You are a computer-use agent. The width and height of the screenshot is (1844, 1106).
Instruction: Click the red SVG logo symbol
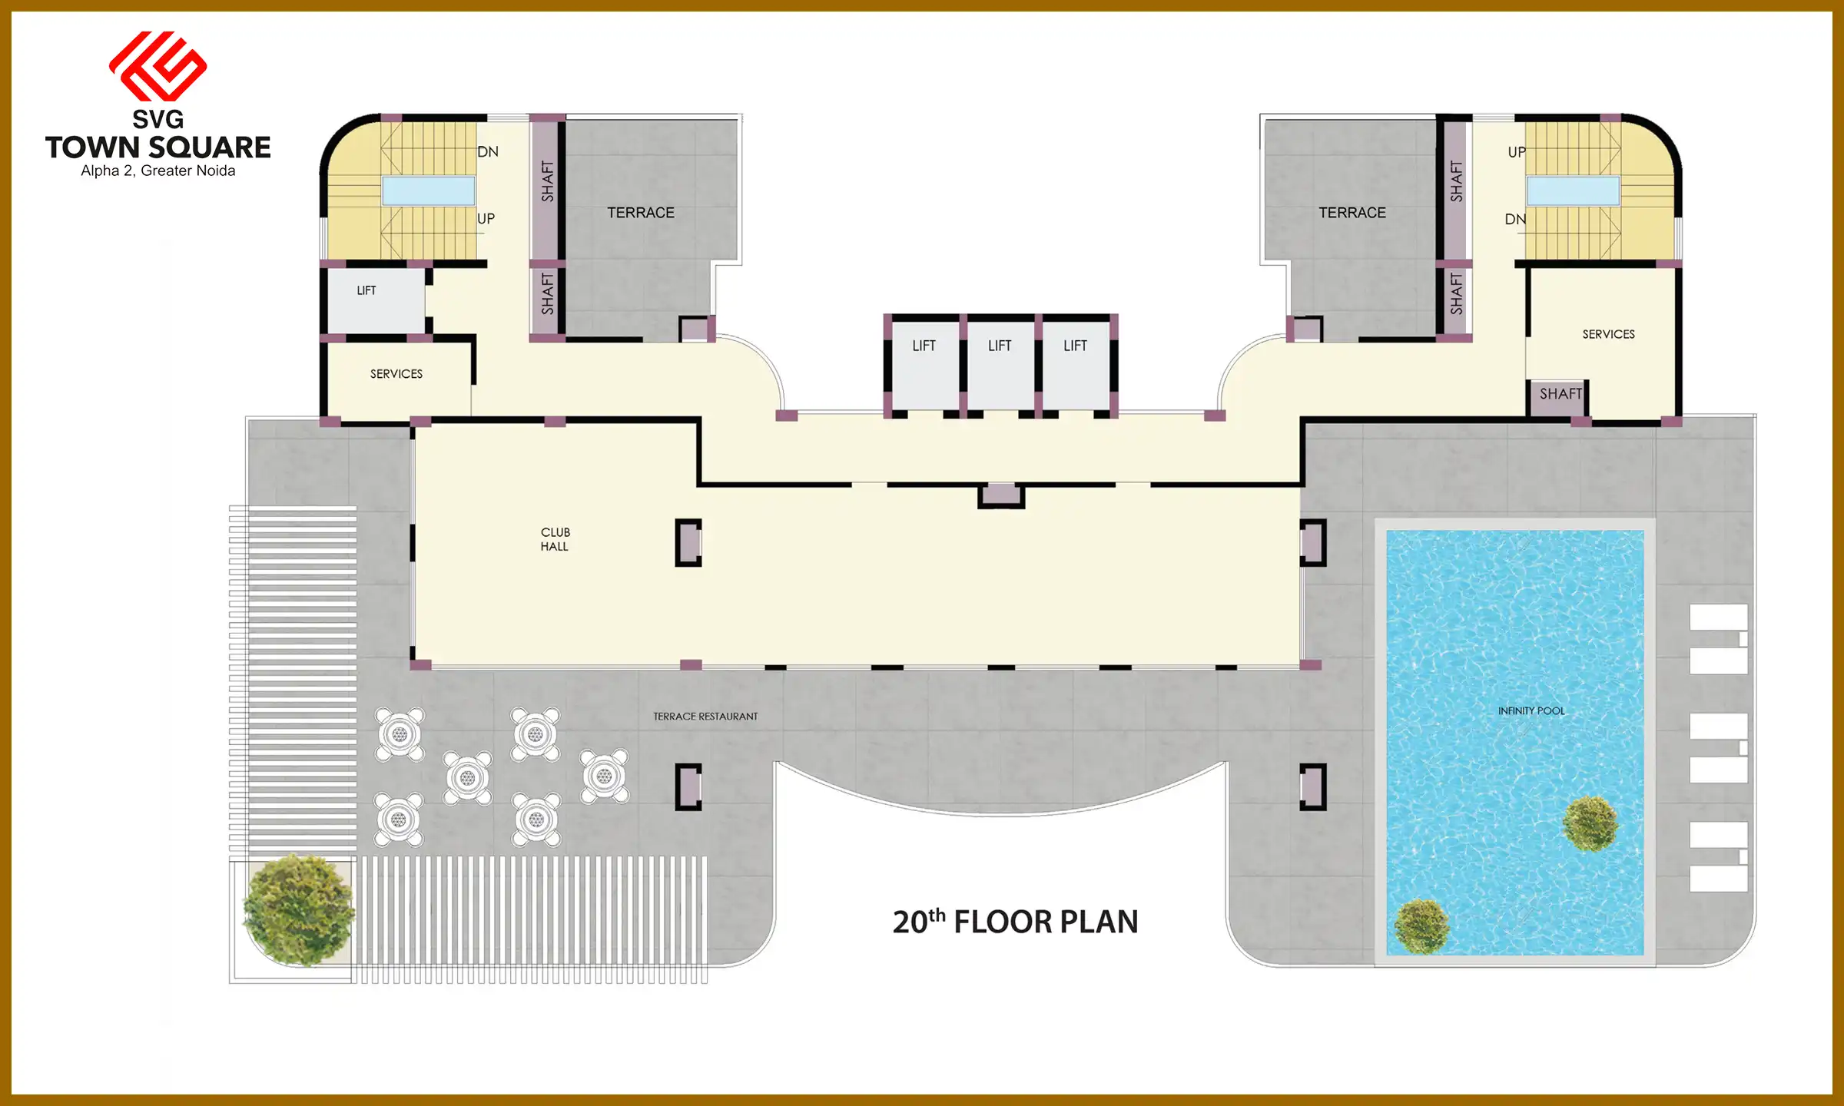point(158,66)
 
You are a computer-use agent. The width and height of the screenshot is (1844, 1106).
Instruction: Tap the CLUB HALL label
point(555,539)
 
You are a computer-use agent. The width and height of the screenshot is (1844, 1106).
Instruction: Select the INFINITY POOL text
point(1531,711)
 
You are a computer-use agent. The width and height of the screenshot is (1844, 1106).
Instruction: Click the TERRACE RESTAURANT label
point(705,717)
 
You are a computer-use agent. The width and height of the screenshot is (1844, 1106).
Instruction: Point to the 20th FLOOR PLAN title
point(1015,922)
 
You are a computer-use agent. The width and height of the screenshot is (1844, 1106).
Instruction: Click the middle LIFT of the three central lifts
point(1000,346)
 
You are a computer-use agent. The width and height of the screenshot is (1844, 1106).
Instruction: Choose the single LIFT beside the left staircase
point(366,290)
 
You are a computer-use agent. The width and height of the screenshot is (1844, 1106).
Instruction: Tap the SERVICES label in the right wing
point(1608,334)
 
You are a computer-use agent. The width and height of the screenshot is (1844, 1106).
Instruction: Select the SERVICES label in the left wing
point(396,374)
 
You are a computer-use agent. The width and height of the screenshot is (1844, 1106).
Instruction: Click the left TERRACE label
point(641,213)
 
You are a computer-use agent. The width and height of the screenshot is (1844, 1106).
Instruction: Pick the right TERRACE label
point(1352,213)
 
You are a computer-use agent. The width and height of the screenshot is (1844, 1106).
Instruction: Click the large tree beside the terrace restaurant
point(298,910)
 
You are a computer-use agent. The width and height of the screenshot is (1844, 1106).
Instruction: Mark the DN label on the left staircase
point(488,152)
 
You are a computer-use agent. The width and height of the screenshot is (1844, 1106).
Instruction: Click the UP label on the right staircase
point(1516,152)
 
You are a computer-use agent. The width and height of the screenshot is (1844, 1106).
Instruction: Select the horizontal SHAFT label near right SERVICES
point(1560,394)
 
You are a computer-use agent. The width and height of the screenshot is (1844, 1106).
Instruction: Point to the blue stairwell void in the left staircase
point(428,190)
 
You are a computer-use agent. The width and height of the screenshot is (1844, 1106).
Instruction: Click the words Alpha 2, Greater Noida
point(158,171)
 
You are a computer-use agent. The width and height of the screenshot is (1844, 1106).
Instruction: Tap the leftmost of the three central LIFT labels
point(924,346)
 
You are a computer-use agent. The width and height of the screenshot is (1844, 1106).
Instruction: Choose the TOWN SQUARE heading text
point(158,147)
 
